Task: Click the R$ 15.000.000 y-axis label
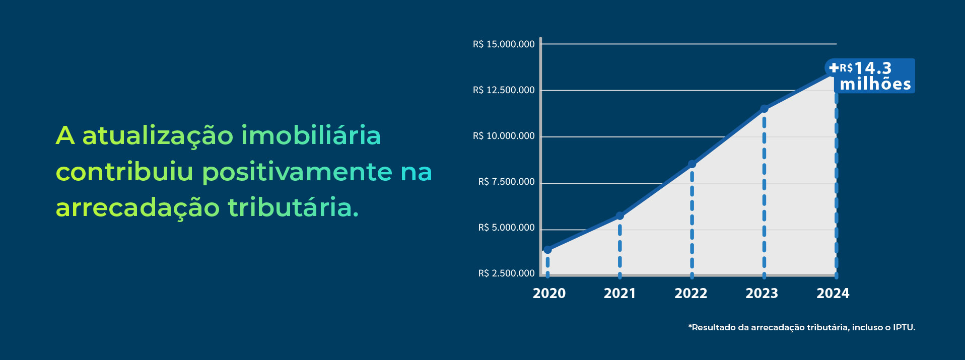pos(504,44)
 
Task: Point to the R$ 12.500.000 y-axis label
pos(504,90)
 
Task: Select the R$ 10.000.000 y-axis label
pos(504,136)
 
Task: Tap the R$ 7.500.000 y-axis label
pos(506,182)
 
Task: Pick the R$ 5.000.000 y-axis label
pos(506,228)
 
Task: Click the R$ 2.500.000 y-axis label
pos(506,273)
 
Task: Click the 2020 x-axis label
pos(549,294)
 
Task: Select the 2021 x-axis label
pos(619,294)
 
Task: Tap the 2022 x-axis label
pos(691,294)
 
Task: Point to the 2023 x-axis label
pos(762,294)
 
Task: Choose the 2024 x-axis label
pos(833,294)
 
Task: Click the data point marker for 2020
pos(547,250)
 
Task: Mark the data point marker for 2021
pos(620,215)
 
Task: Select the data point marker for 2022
pos(692,164)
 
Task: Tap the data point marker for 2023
pos(764,109)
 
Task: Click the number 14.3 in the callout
pos(873,68)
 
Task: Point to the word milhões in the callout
pos(875,84)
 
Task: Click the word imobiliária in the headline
pos(311,135)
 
